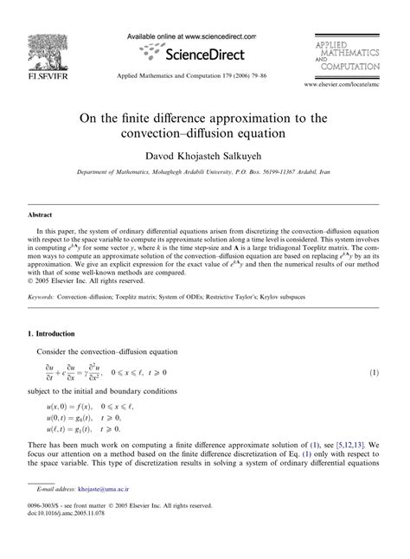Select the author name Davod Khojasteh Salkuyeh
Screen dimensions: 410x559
(204, 154)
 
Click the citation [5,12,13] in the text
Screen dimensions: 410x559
(336, 441)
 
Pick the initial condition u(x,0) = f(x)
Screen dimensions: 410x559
(74, 403)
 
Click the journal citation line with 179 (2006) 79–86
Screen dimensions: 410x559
(204, 75)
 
